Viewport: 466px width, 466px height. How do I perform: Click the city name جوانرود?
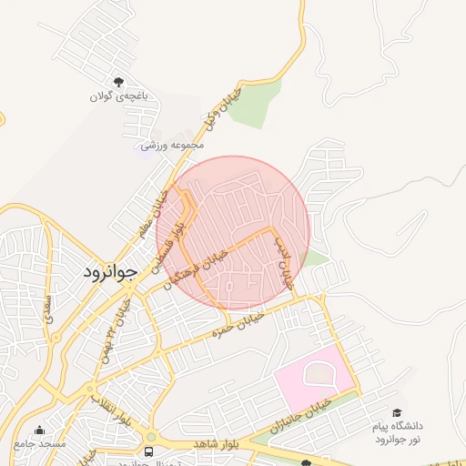pyautogui.click(x=110, y=271)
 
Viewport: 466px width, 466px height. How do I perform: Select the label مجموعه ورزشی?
pyautogui.click(x=171, y=145)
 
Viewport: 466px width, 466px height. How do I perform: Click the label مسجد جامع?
pyautogui.click(x=39, y=444)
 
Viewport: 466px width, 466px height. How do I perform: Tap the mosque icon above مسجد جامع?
pyautogui.click(x=38, y=431)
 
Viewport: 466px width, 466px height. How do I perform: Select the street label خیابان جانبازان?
pyautogui.click(x=299, y=412)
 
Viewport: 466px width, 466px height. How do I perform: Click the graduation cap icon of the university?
pyautogui.click(x=397, y=413)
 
